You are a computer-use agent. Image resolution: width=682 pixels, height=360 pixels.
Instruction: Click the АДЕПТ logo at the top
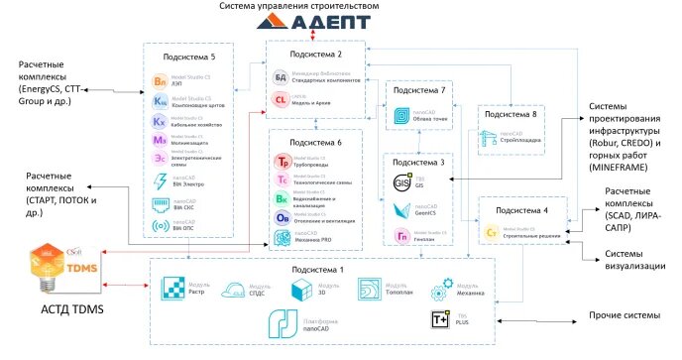click(340, 22)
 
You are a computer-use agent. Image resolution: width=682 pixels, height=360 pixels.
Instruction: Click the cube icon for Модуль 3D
click(303, 290)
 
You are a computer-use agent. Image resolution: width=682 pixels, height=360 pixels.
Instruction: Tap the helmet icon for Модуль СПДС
click(239, 290)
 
